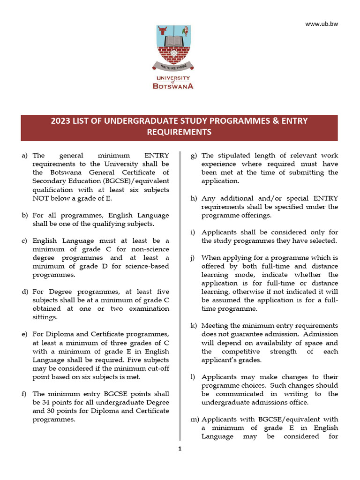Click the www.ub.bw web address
click(x=321, y=24)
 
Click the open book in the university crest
click(x=173, y=41)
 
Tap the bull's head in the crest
click(x=162, y=31)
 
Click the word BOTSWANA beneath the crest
click(x=173, y=86)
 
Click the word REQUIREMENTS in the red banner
click(x=179, y=133)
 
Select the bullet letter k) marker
click(x=194, y=326)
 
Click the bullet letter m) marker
click(x=195, y=420)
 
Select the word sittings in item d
click(x=45, y=317)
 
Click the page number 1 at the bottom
click(x=179, y=449)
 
